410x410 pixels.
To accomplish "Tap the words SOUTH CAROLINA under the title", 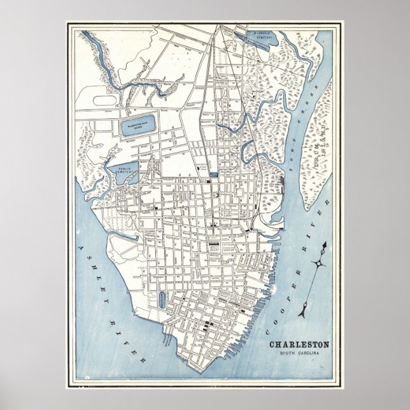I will coord(304,353).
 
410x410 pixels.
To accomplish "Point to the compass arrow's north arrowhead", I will coord(327,244).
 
